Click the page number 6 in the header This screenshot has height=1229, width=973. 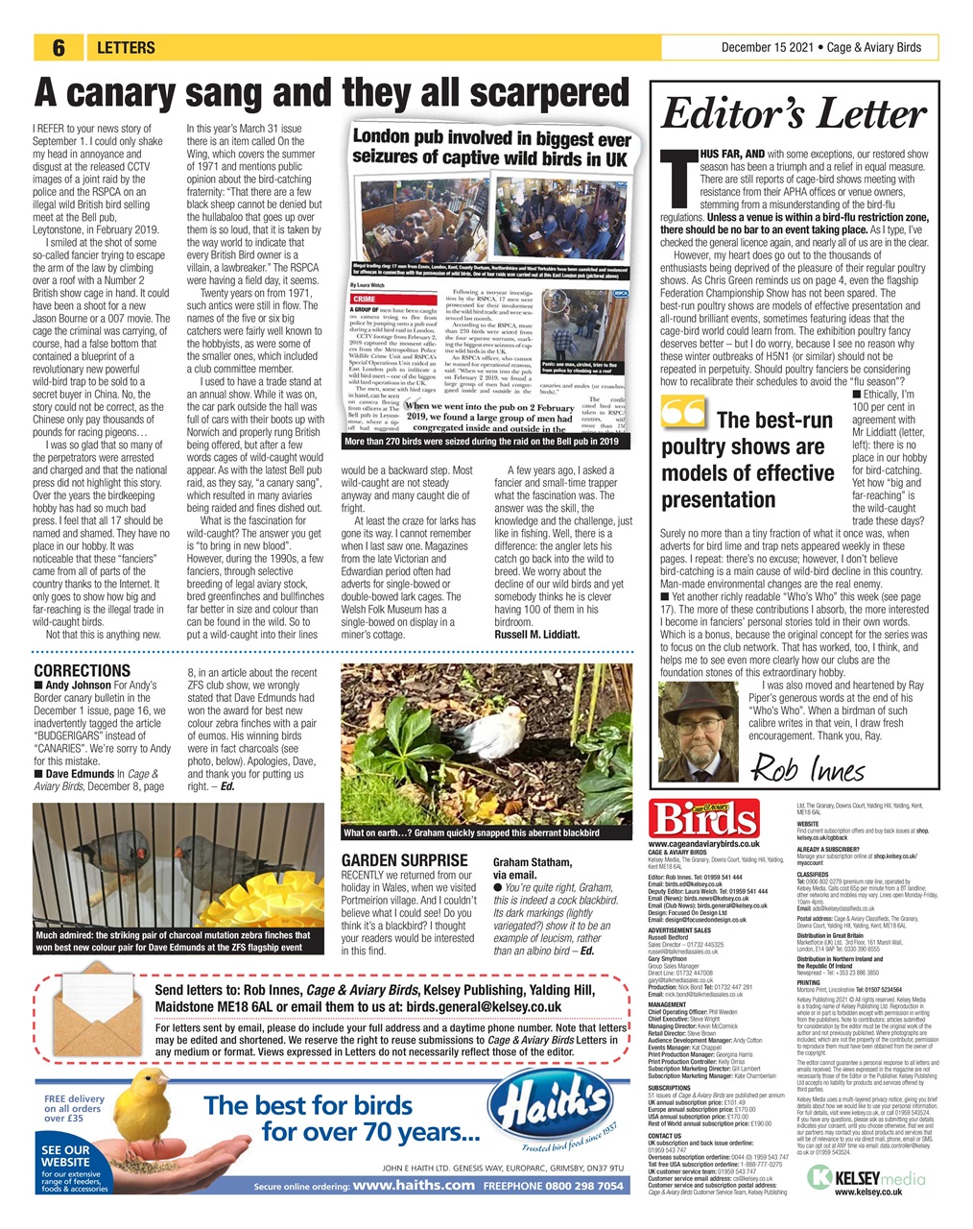(59, 48)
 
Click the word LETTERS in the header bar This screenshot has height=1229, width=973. (126, 48)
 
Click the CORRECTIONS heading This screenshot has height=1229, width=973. (82, 670)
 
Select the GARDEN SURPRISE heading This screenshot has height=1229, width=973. (405, 860)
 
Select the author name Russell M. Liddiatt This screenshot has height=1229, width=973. (536, 634)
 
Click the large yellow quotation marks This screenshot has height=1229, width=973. (683, 414)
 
